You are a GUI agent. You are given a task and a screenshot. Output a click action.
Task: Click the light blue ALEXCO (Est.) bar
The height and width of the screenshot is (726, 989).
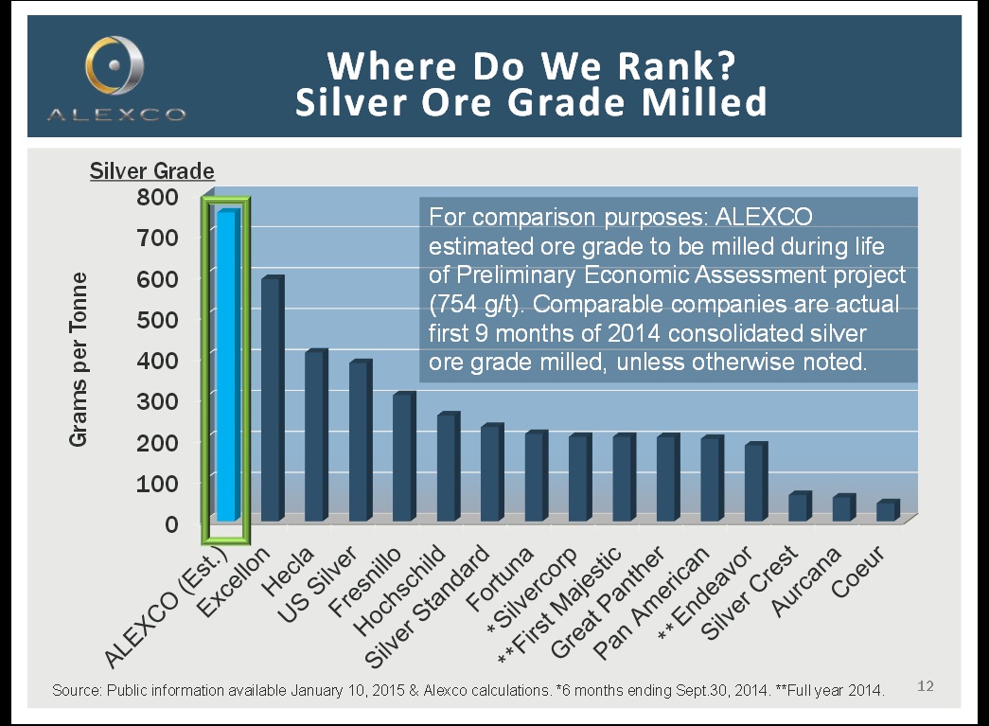[x=226, y=364]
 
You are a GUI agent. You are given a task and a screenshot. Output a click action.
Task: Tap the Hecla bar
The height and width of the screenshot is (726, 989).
[x=314, y=435]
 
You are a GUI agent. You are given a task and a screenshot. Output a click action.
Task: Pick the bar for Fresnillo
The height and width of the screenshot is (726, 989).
[x=402, y=456]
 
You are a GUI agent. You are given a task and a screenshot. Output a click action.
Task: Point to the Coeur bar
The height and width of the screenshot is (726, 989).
[x=886, y=510]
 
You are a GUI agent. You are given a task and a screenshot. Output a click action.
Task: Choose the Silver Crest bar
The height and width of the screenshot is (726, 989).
[x=798, y=506]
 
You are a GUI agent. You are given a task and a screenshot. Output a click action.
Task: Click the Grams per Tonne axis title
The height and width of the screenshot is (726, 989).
[x=79, y=360]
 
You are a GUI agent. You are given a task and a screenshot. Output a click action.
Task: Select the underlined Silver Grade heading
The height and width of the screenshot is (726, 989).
[x=152, y=171]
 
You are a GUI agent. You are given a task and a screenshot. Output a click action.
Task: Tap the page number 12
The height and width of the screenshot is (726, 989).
[x=926, y=684]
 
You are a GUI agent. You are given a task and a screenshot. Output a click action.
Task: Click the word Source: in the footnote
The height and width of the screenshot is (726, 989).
[x=76, y=691]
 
